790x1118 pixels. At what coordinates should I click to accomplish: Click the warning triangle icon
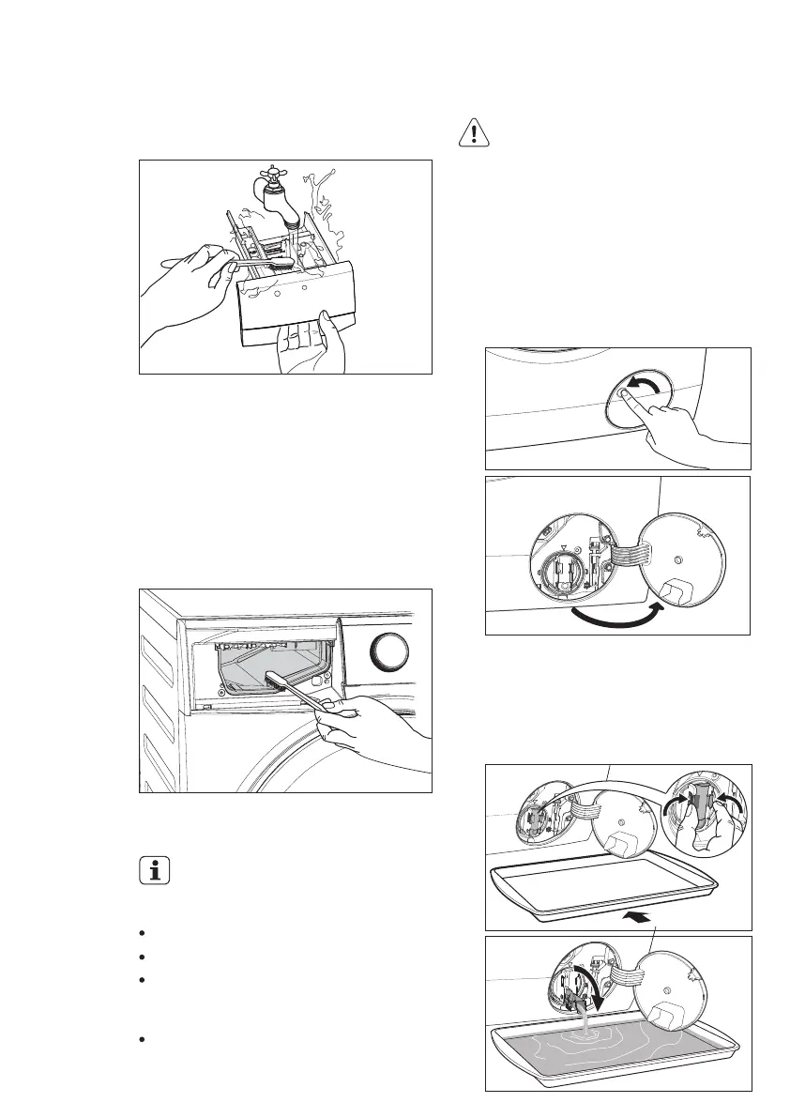pyautogui.click(x=476, y=133)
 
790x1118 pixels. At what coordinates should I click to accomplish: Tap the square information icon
pyautogui.click(x=156, y=870)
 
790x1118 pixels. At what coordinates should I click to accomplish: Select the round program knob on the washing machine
pyautogui.click(x=387, y=651)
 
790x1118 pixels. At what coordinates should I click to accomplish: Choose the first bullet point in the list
pyautogui.click(x=141, y=934)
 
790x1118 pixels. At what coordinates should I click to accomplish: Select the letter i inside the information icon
pyautogui.click(x=156, y=870)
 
